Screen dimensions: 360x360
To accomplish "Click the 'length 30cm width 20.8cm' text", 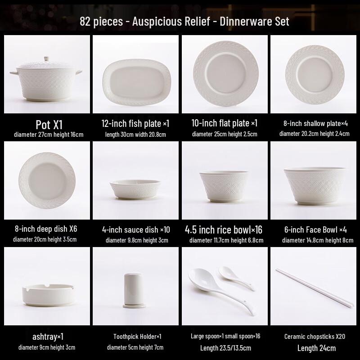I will [x=135, y=134].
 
